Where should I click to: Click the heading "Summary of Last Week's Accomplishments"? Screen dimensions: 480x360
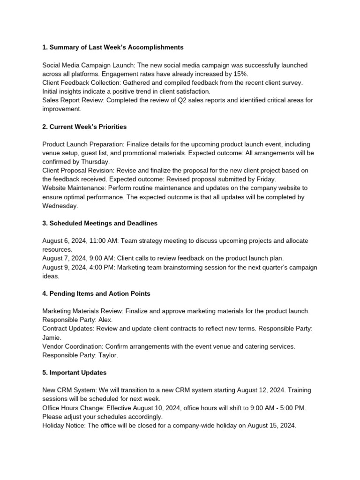112,47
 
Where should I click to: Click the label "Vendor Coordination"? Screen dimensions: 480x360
73,346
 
